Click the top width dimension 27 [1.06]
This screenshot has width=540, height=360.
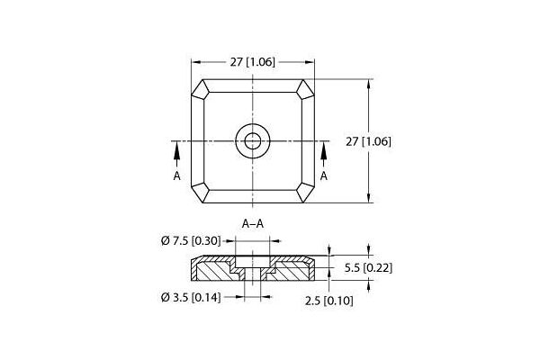click(253, 62)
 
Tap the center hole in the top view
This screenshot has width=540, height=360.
click(252, 140)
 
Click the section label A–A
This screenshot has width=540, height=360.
click(253, 223)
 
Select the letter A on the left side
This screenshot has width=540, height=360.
click(177, 175)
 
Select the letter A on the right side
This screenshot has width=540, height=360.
click(324, 175)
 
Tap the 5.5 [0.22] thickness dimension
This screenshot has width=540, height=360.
click(370, 267)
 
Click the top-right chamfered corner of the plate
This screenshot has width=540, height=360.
click(305, 89)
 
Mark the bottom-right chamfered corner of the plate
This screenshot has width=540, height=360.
click(305, 193)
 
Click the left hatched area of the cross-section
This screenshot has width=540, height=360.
click(211, 268)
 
